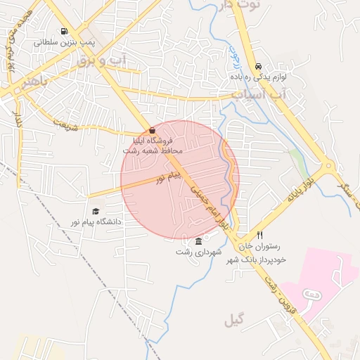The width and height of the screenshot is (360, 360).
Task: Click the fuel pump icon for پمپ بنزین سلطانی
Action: click(x=65, y=32)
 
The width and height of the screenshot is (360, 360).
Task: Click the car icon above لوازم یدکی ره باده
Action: click(x=258, y=67)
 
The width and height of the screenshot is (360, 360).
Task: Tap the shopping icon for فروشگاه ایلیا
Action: click(x=153, y=131)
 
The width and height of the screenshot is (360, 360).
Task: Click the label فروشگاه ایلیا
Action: click(x=153, y=141)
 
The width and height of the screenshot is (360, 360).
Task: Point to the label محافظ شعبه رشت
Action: click(x=153, y=150)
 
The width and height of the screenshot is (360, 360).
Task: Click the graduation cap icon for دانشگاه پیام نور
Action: click(x=96, y=211)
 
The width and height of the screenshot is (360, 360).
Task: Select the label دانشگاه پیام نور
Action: click(x=95, y=221)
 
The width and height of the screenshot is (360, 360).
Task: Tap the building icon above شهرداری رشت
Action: click(x=198, y=241)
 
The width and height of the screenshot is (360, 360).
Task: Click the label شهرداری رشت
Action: click(x=198, y=252)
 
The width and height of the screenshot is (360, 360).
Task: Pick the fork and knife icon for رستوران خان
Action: click(x=259, y=235)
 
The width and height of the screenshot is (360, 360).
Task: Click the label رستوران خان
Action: click(x=259, y=246)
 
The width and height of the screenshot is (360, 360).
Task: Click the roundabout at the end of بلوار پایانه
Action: click(x=327, y=169)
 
